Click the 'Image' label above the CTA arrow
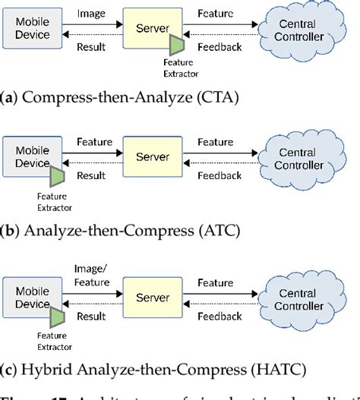tap(92, 13)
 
